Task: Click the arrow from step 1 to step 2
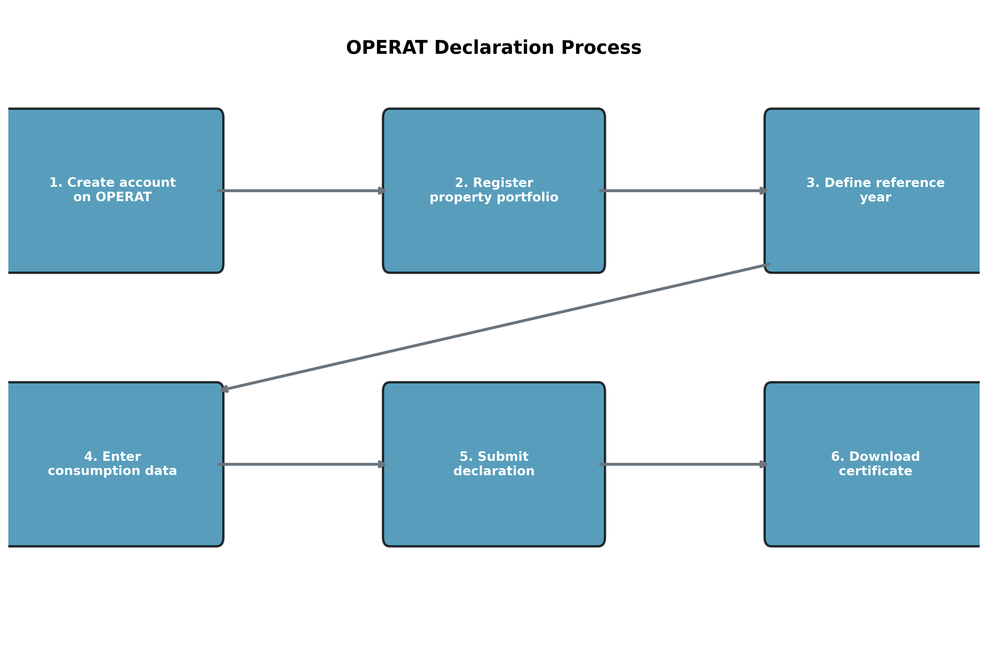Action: (301, 191)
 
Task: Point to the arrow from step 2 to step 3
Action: (683, 191)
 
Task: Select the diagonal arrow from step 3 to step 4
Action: (495, 327)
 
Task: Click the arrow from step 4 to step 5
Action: (301, 464)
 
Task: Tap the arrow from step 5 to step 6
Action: (683, 464)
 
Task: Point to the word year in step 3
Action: (875, 198)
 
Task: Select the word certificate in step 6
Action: (875, 471)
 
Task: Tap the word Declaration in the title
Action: (494, 48)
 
